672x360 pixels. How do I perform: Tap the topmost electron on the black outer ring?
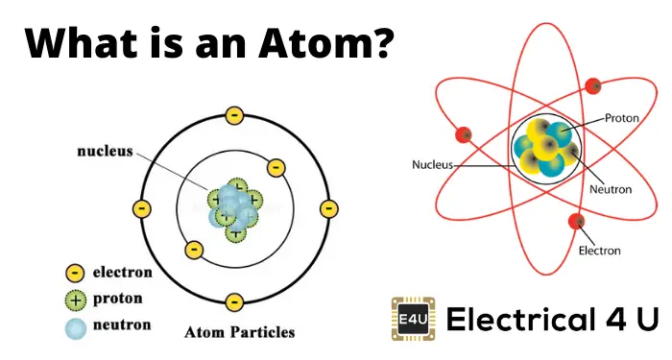[x=234, y=116]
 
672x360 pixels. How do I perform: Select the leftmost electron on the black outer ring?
[x=142, y=208]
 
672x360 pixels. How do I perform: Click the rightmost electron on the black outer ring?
[x=327, y=208]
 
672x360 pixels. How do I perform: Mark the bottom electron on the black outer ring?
[x=234, y=300]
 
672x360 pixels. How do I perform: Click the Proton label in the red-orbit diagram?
[x=621, y=118]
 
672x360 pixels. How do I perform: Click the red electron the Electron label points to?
[x=577, y=223]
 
